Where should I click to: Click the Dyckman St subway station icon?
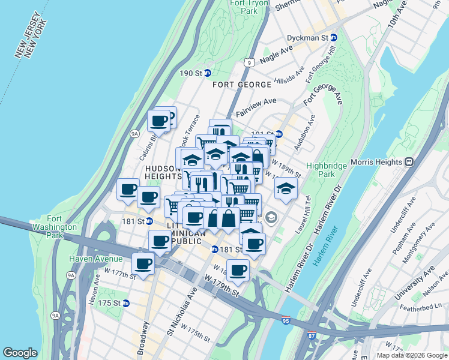(x=333, y=37)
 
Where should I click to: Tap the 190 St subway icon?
(x=207, y=73)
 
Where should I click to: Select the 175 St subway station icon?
(x=125, y=303)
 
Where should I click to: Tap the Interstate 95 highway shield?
(x=285, y=322)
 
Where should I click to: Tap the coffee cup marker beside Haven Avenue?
(x=143, y=263)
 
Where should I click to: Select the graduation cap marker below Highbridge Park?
(x=286, y=188)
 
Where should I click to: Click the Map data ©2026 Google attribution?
(x=411, y=355)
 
